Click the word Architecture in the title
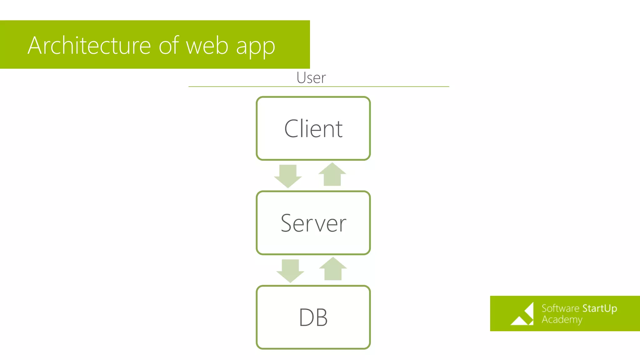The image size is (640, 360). click(x=89, y=46)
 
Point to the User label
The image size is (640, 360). click(x=311, y=78)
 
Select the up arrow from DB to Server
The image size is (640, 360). click(x=333, y=269)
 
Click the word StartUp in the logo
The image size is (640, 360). click(x=599, y=308)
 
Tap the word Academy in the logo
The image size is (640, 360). click(x=562, y=320)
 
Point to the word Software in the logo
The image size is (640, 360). click(x=560, y=308)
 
